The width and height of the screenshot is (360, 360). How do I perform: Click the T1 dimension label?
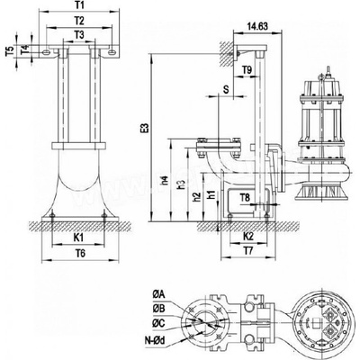pyautogui.click(x=79, y=5)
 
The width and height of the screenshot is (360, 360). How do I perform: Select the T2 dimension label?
pyautogui.click(x=79, y=21)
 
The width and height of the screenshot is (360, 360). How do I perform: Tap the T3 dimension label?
pyautogui.click(x=79, y=35)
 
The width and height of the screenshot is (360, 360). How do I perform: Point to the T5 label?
pyautogui.click(x=10, y=51)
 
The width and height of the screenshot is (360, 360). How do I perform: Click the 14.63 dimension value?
pyautogui.click(x=257, y=26)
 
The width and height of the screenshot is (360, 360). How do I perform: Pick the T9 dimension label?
pyautogui.click(x=247, y=70)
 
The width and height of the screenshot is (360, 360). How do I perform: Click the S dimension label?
pyautogui.click(x=226, y=89)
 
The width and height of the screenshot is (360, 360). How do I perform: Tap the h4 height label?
pyautogui.click(x=166, y=181)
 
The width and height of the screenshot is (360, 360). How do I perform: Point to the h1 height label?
pyautogui.click(x=212, y=194)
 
